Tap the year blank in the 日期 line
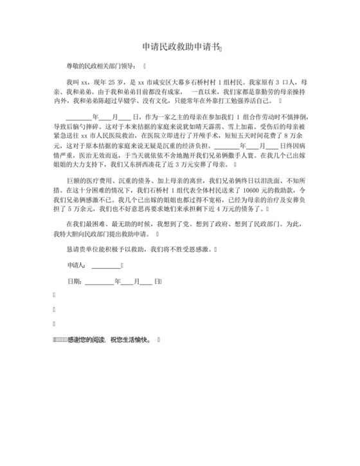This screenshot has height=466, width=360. (x=99, y=281)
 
